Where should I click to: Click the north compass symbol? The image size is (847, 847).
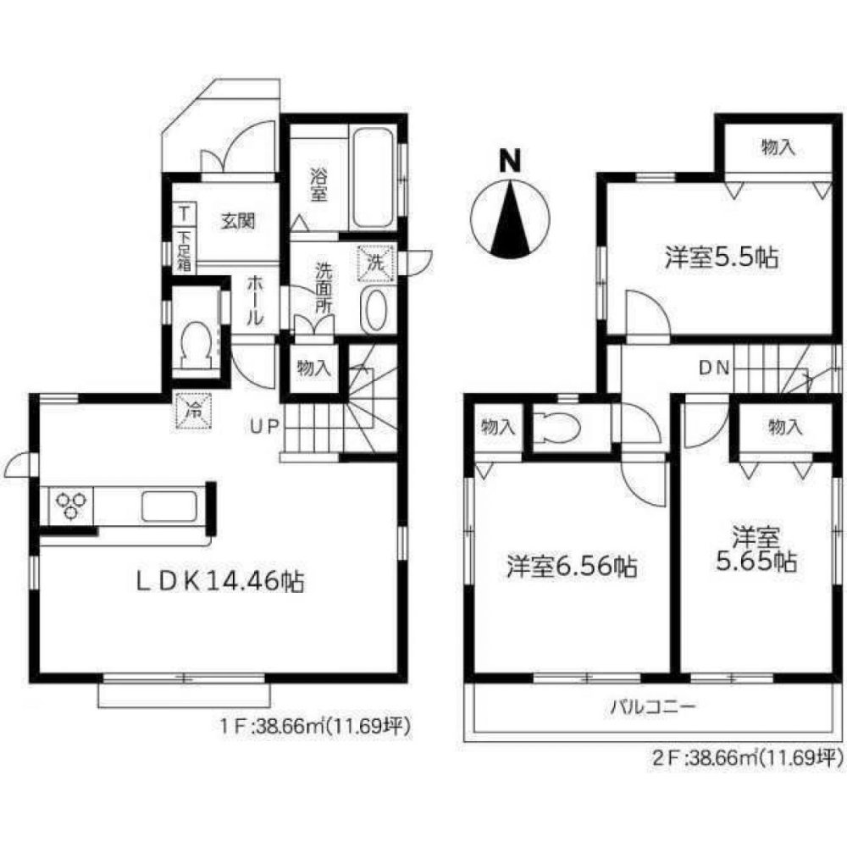tap(509, 218)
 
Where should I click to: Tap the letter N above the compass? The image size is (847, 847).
tap(508, 160)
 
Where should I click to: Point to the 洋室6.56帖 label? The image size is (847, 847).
tap(573, 566)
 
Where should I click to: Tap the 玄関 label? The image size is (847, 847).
tap(239, 221)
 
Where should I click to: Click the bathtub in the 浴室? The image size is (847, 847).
tap(372, 177)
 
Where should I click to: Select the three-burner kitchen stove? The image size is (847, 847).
tap(71, 506)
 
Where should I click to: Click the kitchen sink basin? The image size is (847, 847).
tap(169, 506)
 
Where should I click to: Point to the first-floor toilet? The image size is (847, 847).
tap(196, 342)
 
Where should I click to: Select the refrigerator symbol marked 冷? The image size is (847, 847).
tap(191, 412)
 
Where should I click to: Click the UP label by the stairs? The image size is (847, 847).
tap(262, 426)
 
